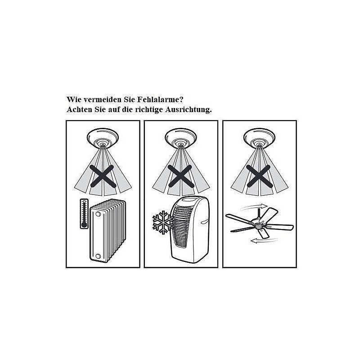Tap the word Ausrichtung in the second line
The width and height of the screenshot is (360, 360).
click(x=188, y=110)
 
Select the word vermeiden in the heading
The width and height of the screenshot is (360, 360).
click(x=103, y=99)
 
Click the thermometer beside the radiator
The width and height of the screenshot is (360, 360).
click(x=84, y=214)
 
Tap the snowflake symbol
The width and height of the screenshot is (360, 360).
click(x=163, y=222)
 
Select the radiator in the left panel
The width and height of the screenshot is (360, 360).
click(x=108, y=230)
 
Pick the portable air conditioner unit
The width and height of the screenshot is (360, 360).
click(x=190, y=229)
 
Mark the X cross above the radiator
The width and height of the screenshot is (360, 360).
click(x=103, y=176)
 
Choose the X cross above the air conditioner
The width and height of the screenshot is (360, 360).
click(x=181, y=176)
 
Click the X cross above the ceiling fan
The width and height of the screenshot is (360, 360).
click(x=260, y=176)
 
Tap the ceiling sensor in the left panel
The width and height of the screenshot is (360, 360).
click(x=103, y=138)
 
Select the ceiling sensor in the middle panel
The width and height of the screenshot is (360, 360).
click(x=181, y=138)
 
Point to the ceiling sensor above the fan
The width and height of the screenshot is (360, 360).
click(x=260, y=138)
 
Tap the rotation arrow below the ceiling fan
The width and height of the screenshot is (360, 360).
click(x=264, y=241)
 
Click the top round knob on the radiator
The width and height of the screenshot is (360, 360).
click(x=98, y=215)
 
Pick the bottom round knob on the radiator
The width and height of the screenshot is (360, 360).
click(x=98, y=256)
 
